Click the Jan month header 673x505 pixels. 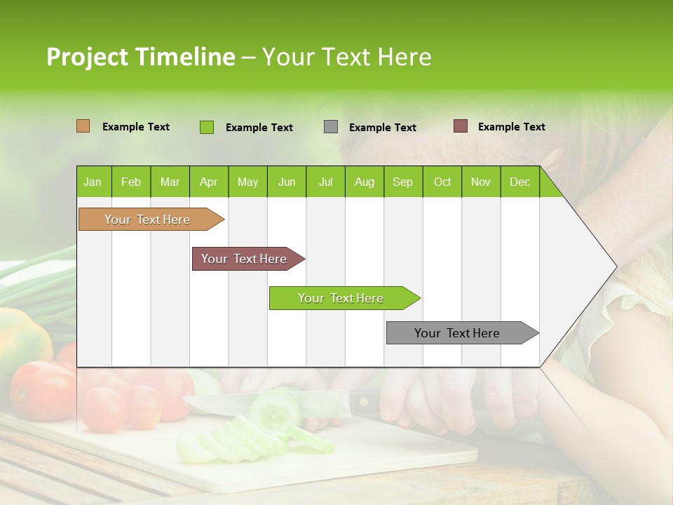pyautogui.click(x=93, y=182)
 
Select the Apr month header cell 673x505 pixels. pyautogui.click(x=209, y=182)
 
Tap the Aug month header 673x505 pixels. pyautogui.click(x=365, y=182)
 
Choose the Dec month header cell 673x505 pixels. pyautogui.click(x=520, y=182)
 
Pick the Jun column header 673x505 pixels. pyautogui.click(x=287, y=182)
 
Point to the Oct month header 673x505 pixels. pyautogui.click(x=442, y=182)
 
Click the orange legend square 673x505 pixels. pyautogui.click(x=83, y=126)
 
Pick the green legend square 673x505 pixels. pyautogui.click(x=207, y=127)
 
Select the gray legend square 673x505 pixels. pyautogui.click(x=331, y=127)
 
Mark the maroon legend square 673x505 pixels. pyautogui.click(x=460, y=126)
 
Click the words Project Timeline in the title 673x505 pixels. pyautogui.click(x=141, y=57)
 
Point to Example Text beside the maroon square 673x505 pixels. pyautogui.click(x=511, y=127)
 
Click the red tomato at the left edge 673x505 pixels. pyautogui.click(x=39, y=389)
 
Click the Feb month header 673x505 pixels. pyautogui.click(x=131, y=182)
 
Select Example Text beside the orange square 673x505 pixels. pyautogui.click(x=136, y=127)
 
